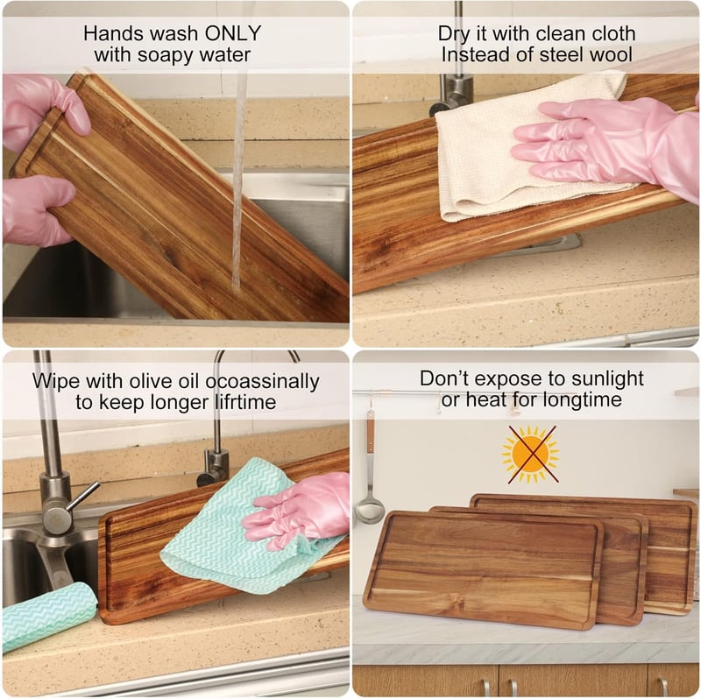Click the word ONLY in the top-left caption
232,33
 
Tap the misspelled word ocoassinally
262,381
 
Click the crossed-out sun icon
531,454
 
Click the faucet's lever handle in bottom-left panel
80,496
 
